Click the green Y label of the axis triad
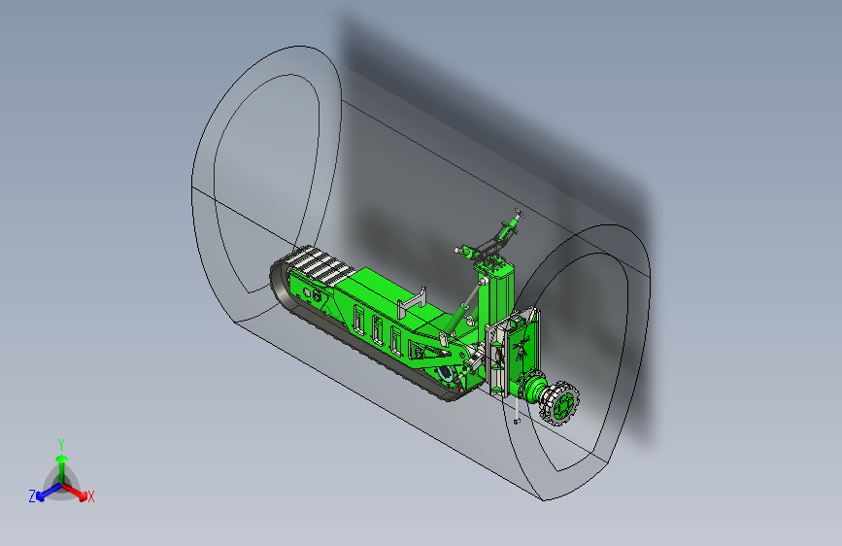[x=61, y=443]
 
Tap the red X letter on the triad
[x=91, y=497]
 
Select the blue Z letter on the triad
[x=32, y=496]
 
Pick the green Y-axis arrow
[x=61, y=462]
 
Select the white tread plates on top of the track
[x=317, y=263]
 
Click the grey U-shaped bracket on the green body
[x=412, y=301]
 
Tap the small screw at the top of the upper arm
[x=518, y=212]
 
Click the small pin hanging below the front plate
[x=515, y=422]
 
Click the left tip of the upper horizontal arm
[x=457, y=250]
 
